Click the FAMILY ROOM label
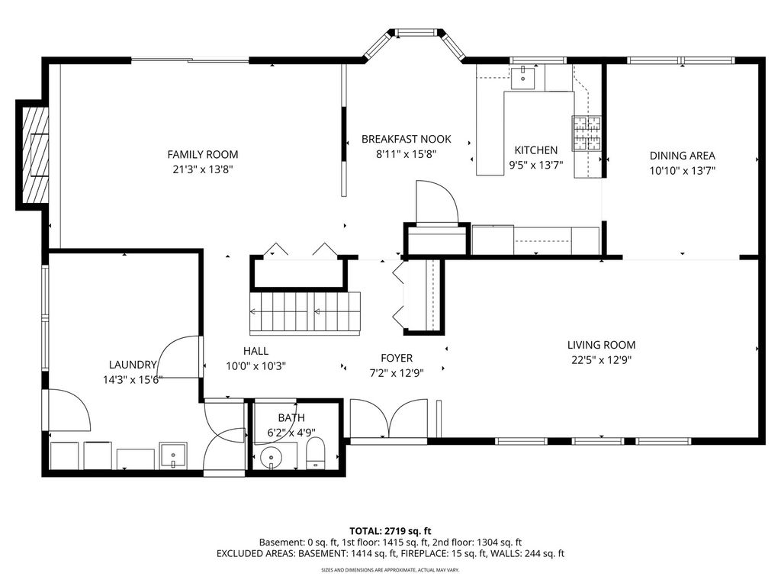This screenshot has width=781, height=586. coord(203,154)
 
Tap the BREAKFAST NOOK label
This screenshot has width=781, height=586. coord(407,139)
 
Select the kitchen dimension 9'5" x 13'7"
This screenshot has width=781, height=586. coord(536,165)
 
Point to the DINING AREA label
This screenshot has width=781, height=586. coord(683,156)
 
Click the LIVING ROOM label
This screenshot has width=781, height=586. coord(601,345)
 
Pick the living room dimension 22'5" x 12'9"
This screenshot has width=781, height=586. coord(601,360)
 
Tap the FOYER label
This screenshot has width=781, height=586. coord(397,358)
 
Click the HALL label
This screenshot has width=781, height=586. coord(256,351)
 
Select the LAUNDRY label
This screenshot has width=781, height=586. coord(133,365)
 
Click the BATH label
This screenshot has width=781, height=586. coord(291,417)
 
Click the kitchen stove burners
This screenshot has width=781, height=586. coord(587,133)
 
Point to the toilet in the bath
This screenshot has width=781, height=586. coord(315,453)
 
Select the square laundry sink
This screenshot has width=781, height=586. coord(173,456)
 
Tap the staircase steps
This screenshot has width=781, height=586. coord(304,313)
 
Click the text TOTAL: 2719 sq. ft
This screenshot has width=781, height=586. coord(390,531)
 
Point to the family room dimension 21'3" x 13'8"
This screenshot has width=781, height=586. coord(203,169)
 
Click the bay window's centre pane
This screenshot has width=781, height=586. coord(416,33)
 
